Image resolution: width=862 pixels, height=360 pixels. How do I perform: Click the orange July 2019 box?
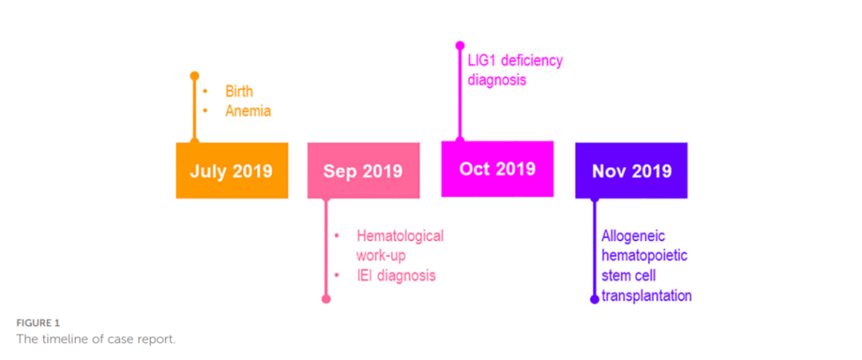(x=231, y=170)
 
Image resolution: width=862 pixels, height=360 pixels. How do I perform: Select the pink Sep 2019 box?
(x=363, y=171)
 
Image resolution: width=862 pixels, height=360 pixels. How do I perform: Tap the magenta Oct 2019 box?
(x=497, y=168)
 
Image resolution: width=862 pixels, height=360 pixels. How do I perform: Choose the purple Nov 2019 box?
(x=631, y=171)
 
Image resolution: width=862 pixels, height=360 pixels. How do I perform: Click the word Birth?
(x=239, y=92)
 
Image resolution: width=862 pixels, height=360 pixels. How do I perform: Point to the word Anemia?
(x=247, y=111)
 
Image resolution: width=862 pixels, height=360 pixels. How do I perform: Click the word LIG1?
(x=483, y=61)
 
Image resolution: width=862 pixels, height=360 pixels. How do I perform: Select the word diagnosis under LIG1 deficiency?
(x=496, y=80)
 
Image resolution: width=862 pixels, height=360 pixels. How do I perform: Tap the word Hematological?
(x=400, y=235)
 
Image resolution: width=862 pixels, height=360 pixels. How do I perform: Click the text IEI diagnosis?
(x=396, y=276)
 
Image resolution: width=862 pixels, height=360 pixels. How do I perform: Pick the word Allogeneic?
(x=634, y=235)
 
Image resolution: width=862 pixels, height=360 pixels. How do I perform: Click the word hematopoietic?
(x=645, y=255)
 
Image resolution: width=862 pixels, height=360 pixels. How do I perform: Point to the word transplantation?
(x=646, y=295)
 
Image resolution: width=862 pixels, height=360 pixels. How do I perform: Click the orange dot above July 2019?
(x=194, y=76)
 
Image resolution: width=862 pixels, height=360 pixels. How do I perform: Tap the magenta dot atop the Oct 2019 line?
(x=460, y=45)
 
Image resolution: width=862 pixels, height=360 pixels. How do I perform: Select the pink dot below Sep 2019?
(x=326, y=299)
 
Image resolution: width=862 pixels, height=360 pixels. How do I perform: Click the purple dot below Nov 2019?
(x=594, y=299)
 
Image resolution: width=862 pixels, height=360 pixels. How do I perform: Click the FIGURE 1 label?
(x=38, y=322)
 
